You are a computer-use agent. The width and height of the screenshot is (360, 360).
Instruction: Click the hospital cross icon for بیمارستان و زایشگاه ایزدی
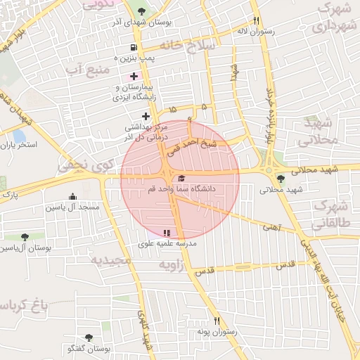tap(133, 75)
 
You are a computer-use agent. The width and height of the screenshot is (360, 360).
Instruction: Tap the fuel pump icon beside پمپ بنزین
tap(133, 48)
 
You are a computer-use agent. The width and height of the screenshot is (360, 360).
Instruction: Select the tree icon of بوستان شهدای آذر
tap(143, 11)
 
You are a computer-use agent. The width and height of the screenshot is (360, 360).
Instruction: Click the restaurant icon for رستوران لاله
tap(257, 20)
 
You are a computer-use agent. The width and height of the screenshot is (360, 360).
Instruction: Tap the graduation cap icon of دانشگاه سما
tap(182, 179)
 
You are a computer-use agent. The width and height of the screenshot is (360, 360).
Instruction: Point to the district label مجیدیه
tap(110, 259)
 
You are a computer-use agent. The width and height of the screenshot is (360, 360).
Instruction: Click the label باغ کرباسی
tap(32, 305)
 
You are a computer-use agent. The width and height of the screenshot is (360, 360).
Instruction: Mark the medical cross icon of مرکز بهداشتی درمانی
tap(146, 116)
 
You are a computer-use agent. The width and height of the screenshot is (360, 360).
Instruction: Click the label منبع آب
tap(87, 70)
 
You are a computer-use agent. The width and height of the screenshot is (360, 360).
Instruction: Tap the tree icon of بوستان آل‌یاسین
tap(25, 237)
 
